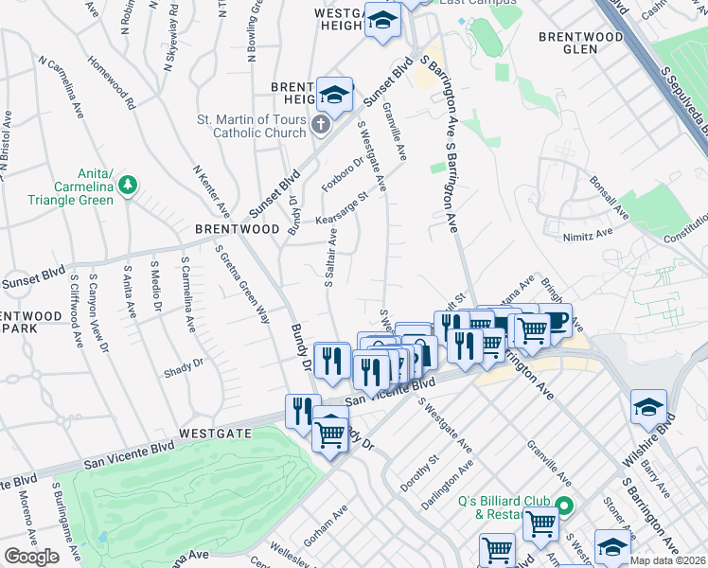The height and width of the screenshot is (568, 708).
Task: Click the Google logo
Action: point(31,557)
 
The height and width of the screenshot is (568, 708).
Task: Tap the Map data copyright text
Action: point(666,560)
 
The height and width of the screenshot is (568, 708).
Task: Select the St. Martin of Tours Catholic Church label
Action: point(251,126)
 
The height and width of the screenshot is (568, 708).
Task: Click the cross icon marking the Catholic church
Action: point(321,123)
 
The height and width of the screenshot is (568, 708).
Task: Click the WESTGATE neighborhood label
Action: point(220,434)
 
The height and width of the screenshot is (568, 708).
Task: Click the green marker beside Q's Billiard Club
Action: point(564,506)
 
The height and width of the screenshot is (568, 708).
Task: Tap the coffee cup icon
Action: point(556,320)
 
